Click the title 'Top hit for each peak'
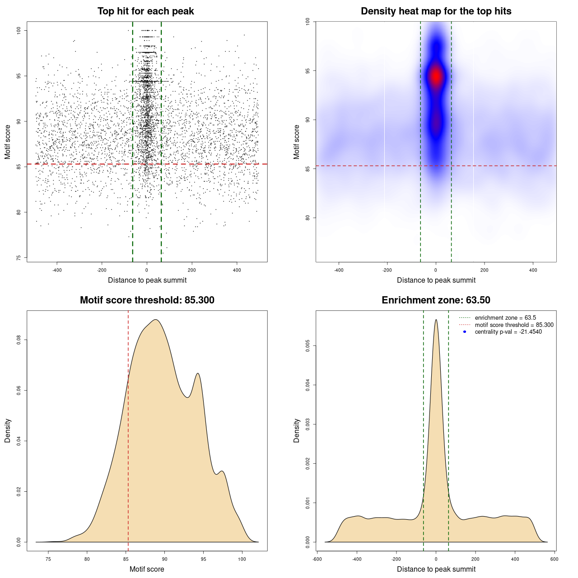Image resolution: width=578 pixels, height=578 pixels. click(x=145, y=11)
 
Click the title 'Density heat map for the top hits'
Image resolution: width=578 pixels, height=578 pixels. click(x=436, y=11)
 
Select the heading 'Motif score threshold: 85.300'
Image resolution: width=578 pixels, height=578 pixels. click(x=147, y=300)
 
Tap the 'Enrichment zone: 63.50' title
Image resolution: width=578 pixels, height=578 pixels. click(x=436, y=300)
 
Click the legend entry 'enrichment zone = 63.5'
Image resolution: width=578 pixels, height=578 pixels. click(x=505, y=318)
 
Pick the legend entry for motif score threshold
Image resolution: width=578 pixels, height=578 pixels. click(x=514, y=325)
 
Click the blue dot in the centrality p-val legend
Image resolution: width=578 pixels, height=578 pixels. click(x=465, y=332)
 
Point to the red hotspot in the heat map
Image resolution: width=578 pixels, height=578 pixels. click(x=436, y=77)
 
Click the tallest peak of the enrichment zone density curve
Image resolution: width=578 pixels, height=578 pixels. click(x=436, y=320)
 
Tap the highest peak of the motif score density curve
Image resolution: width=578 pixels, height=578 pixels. click(x=155, y=320)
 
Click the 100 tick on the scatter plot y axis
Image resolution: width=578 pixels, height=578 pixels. click(x=19, y=30)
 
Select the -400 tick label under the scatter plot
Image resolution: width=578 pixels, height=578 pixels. click(x=57, y=270)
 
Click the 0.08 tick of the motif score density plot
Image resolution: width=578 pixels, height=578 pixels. click(x=19, y=340)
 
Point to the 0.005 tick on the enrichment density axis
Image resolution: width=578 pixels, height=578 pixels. click(x=308, y=346)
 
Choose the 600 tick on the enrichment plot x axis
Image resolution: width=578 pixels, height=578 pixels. click(x=554, y=559)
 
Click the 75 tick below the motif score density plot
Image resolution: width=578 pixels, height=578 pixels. click(x=48, y=559)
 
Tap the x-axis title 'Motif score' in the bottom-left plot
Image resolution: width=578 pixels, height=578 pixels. click(x=147, y=569)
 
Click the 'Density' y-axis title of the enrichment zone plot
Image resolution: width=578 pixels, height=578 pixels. click(x=297, y=430)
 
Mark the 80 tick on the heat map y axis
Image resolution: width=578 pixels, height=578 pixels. click(x=308, y=218)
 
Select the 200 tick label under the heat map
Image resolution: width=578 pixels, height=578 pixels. click(x=485, y=270)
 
